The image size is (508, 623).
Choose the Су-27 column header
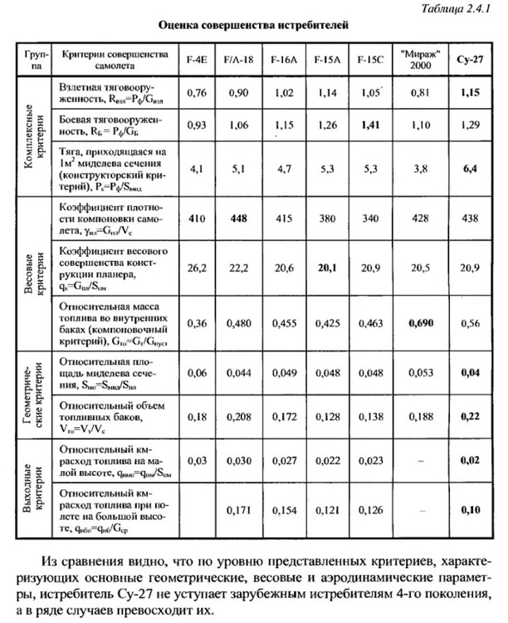[x=471, y=63]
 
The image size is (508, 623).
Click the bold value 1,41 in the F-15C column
[x=369, y=124]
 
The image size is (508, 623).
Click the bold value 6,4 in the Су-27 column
[x=471, y=169]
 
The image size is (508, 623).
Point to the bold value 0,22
[x=471, y=414]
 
